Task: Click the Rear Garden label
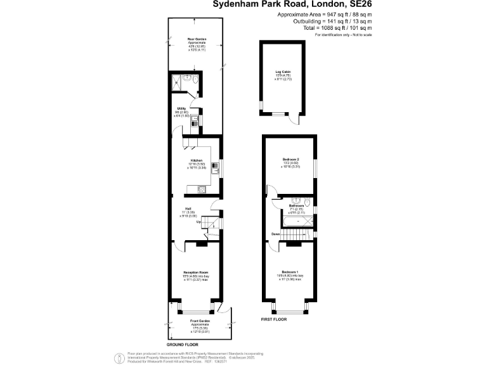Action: tap(195, 39)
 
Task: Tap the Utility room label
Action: tap(181, 108)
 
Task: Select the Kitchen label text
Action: tap(197, 160)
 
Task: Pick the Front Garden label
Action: tap(201, 321)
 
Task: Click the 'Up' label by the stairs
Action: tap(198, 222)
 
